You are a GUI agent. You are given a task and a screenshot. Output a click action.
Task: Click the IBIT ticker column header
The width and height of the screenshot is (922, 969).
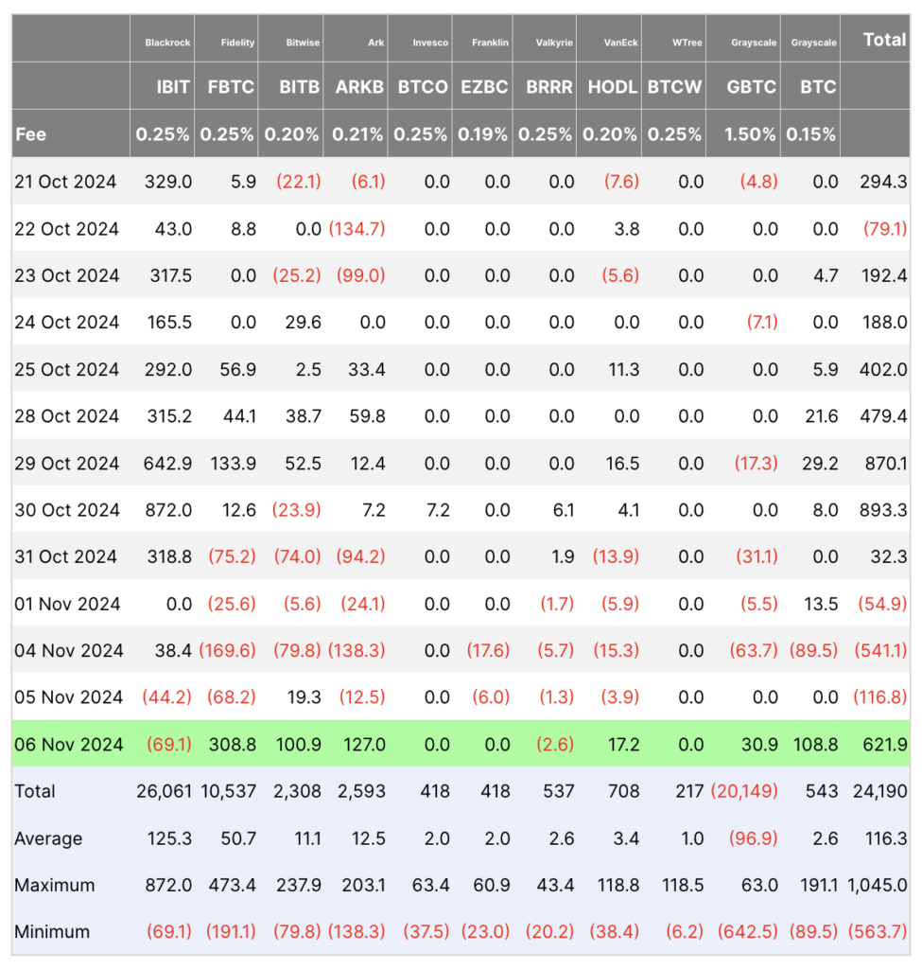pyautogui.click(x=173, y=86)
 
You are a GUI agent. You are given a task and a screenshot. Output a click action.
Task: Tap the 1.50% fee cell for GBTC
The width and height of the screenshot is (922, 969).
pyautogui.click(x=750, y=134)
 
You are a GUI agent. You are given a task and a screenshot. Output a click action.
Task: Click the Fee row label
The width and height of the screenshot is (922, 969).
pyautogui.click(x=30, y=134)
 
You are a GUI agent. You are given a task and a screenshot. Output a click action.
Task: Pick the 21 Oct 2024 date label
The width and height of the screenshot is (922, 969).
pyautogui.click(x=65, y=182)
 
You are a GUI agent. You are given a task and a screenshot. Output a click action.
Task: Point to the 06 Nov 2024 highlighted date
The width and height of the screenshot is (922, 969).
pyautogui.click(x=68, y=745)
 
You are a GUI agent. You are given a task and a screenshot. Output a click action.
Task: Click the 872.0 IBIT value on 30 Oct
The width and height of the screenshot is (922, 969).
pyautogui.click(x=169, y=510)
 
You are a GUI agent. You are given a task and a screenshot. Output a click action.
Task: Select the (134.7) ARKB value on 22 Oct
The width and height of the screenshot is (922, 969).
pyautogui.click(x=357, y=229)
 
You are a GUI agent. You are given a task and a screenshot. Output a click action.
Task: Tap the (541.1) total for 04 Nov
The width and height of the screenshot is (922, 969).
pyautogui.click(x=879, y=650)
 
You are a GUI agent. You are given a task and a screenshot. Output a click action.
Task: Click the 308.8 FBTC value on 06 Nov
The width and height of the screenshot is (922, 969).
pyautogui.click(x=232, y=745)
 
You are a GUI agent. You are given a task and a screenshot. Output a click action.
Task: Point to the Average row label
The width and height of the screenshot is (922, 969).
pyautogui.click(x=48, y=838)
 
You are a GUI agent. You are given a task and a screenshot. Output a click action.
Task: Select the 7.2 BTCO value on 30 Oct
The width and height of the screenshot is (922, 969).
pyautogui.click(x=436, y=510)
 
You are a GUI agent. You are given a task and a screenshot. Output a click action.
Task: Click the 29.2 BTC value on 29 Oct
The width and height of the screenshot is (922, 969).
pyautogui.click(x=819, y=464)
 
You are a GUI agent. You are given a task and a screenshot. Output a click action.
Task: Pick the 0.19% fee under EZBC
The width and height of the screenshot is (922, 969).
pyautogui.click(x=483, y=134)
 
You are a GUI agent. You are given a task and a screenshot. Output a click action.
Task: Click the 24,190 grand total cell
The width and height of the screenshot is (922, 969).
pyautogui.click(x=879, y=791)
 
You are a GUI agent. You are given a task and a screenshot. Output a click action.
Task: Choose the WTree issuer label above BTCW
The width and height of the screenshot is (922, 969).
pyautogui.click(x=687, y=43)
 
